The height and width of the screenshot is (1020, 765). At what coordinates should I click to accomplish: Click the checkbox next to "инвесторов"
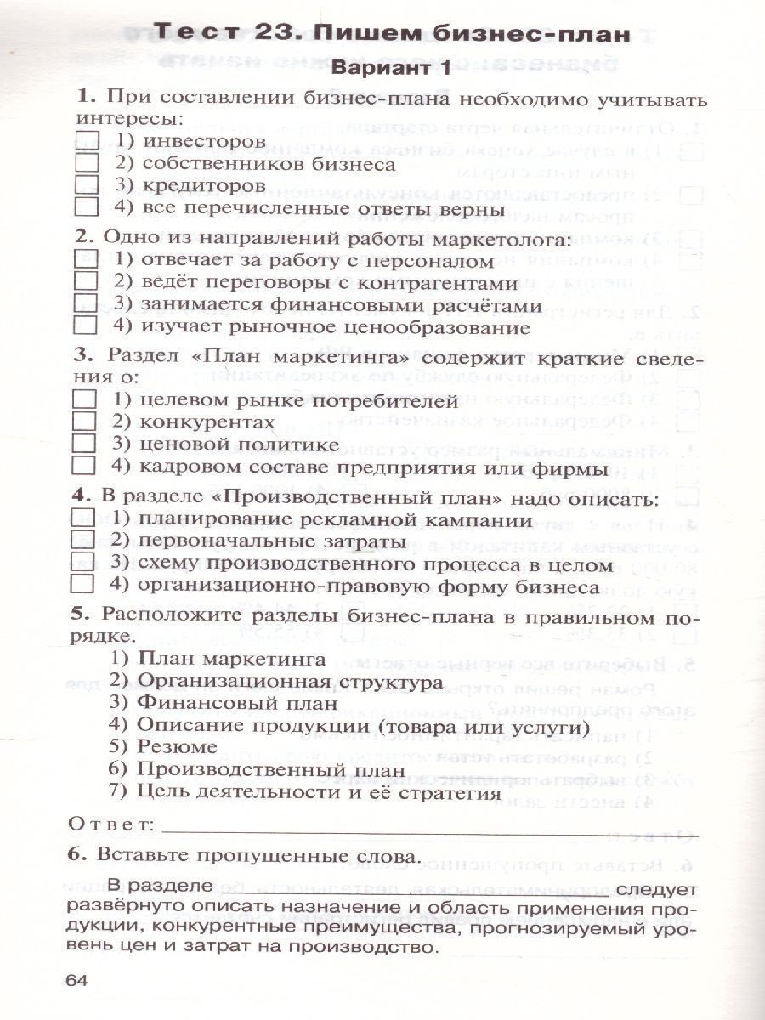(x=88, y=139)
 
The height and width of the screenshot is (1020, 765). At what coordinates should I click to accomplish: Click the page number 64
(x=76, y=981)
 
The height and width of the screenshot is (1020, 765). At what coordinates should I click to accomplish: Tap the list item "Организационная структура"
(x=289, y=681)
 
